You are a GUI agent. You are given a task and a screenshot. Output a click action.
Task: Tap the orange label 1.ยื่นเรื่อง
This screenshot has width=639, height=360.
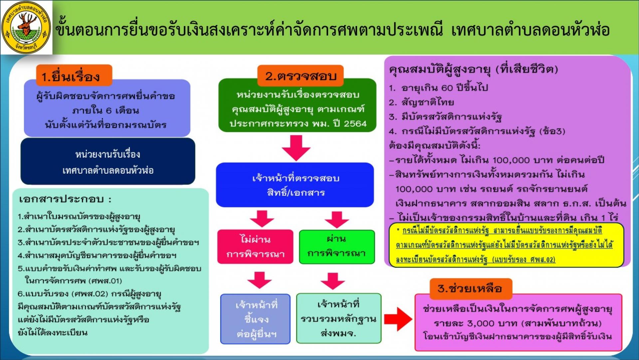[74, 76]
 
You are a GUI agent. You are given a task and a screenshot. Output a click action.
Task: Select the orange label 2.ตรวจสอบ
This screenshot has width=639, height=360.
[300, 76]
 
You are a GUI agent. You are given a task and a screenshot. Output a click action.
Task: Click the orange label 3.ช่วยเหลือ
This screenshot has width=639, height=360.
[470, 288]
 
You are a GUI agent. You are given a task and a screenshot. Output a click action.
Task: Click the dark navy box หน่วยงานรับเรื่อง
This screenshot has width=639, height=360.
[108, 162]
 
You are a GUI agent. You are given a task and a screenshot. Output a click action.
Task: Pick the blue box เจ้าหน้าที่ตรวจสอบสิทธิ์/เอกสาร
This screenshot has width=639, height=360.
[295, 185]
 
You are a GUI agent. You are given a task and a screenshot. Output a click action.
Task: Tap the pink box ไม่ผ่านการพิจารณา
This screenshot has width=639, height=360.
[255, 247]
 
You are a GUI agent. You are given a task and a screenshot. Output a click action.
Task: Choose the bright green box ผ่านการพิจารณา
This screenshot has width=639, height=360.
[336, 247]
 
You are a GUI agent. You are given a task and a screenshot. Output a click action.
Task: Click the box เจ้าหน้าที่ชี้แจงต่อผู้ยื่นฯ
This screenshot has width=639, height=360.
[255, 319]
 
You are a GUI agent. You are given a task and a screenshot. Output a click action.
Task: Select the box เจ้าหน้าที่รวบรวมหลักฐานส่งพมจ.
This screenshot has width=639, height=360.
[338, 318]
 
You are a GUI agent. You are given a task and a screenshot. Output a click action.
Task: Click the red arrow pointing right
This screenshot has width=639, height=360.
[398, 319]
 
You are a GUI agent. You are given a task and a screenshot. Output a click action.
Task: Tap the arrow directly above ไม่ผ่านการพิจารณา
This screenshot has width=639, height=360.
[262, 219]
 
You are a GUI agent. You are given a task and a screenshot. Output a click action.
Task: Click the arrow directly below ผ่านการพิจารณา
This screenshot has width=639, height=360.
[332, 281]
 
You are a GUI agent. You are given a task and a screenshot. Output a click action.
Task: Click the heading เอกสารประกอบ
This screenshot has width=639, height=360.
[65, 199]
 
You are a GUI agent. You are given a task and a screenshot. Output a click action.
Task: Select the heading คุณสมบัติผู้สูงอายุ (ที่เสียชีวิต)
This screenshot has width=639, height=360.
[473, 69]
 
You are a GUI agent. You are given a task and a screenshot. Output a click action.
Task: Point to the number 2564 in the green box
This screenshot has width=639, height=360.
[355, 124]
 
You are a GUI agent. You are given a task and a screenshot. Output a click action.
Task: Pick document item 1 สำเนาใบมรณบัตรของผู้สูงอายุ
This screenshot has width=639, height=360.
[79, 217]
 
